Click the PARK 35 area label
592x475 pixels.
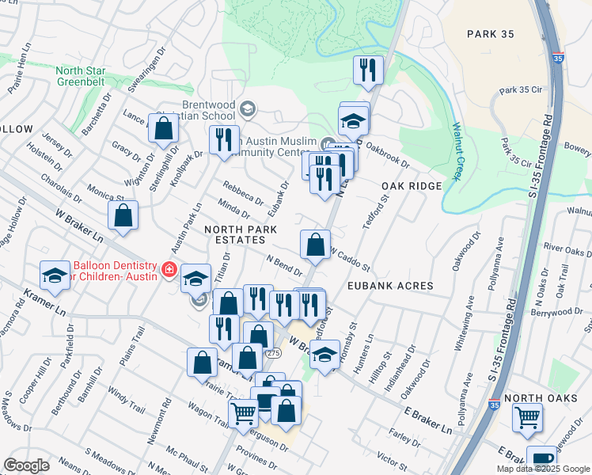[491, 34]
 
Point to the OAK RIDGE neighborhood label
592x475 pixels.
[412, 185]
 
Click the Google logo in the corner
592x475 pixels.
[26, 465]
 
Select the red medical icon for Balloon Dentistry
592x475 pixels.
[168, 271]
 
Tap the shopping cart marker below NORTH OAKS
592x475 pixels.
[527, 417]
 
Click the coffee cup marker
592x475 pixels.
[541, 460]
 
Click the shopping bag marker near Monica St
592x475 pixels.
[123, 215]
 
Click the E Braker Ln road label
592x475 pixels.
[427, 420]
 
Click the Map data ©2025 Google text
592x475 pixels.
[543, 469]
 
